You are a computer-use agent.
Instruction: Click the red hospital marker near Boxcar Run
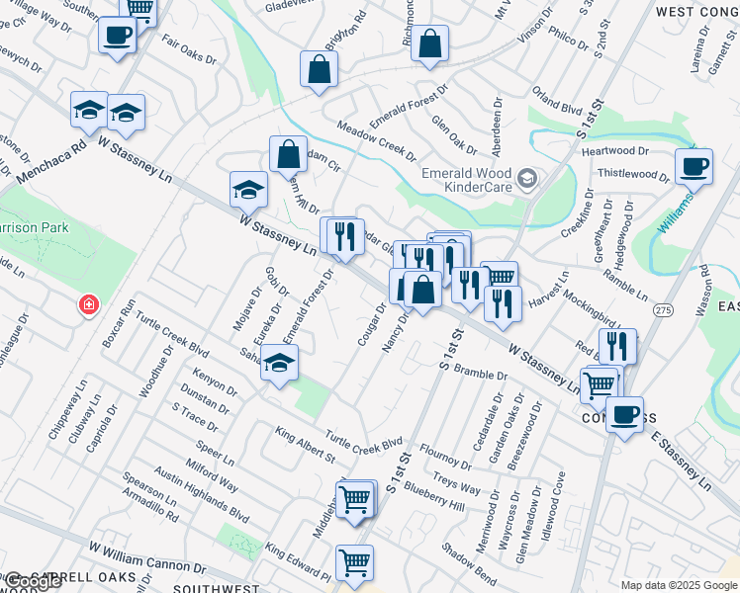89,303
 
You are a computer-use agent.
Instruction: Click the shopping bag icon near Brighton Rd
319,70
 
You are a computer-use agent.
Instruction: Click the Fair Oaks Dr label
189,51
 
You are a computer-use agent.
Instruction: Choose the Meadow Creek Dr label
376,141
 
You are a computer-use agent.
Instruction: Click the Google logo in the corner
32,581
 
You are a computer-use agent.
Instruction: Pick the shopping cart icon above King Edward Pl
355,500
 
